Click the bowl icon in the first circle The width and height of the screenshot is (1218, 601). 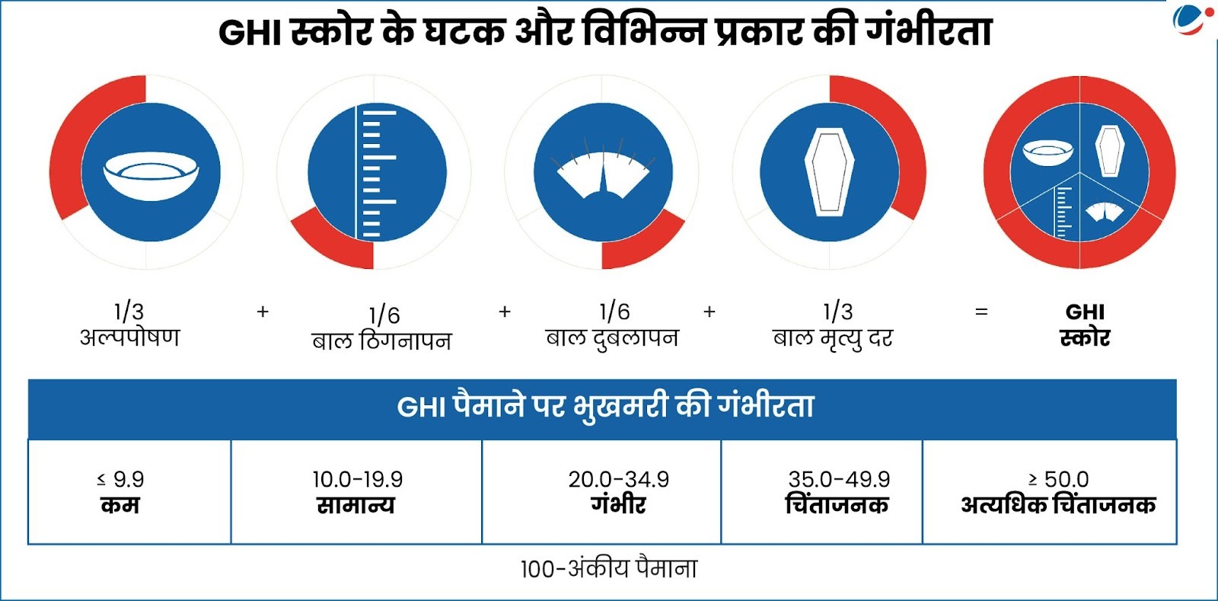coord(151,175)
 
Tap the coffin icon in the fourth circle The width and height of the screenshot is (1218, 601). coord(830,172)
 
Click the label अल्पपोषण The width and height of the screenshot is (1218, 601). coord(130,337)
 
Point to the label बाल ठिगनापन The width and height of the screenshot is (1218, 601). coord(381,340)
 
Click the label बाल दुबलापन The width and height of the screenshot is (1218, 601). coord(612,337)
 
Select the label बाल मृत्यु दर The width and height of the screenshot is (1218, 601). coord(833,337)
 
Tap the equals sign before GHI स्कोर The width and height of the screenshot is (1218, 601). coord(981,312)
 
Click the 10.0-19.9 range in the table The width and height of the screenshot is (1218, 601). coord(357,479)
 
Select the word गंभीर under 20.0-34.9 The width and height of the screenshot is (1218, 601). coord(618,505)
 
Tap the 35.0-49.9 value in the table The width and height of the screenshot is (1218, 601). coord(839,479)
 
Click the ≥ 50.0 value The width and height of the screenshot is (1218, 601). coord(1058,479)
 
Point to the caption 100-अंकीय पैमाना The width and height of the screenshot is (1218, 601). coord(608,569)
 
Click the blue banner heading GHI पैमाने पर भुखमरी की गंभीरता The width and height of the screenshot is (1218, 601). coord(605,407)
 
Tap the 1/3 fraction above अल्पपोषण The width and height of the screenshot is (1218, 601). coord(129,311)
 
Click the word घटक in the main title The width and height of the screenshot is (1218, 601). coord(464,32)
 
